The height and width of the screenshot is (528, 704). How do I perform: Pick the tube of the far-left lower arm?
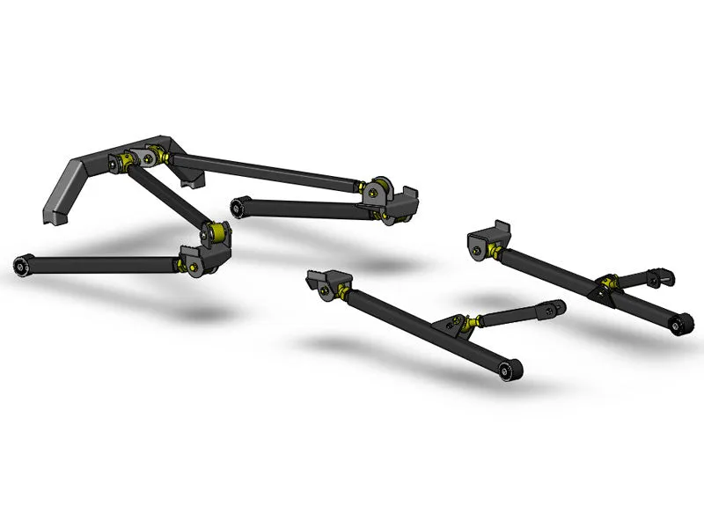point(97,263)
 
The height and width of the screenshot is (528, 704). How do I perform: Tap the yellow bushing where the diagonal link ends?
point(214,234)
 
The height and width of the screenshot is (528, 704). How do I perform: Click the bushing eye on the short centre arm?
point(238,207)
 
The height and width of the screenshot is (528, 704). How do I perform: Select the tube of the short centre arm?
point(299,209)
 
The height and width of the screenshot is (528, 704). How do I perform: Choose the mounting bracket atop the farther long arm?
point(488,237)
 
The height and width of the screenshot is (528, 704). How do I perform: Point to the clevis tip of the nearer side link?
point(554,309)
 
